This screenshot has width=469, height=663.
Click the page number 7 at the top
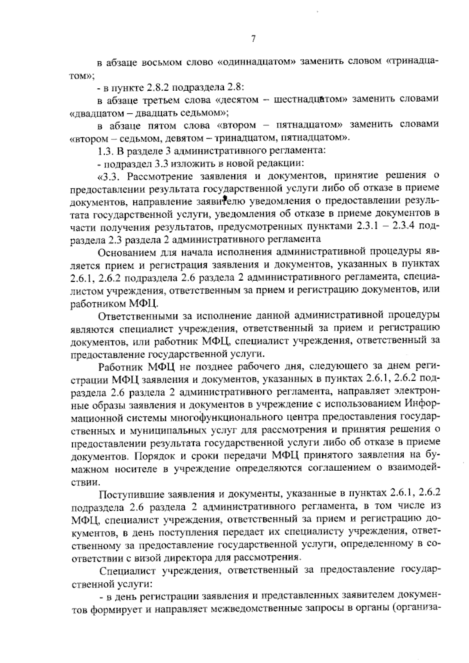[253, 38]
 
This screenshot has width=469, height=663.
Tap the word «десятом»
[237, 100]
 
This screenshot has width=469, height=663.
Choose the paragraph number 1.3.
[104, 150]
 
